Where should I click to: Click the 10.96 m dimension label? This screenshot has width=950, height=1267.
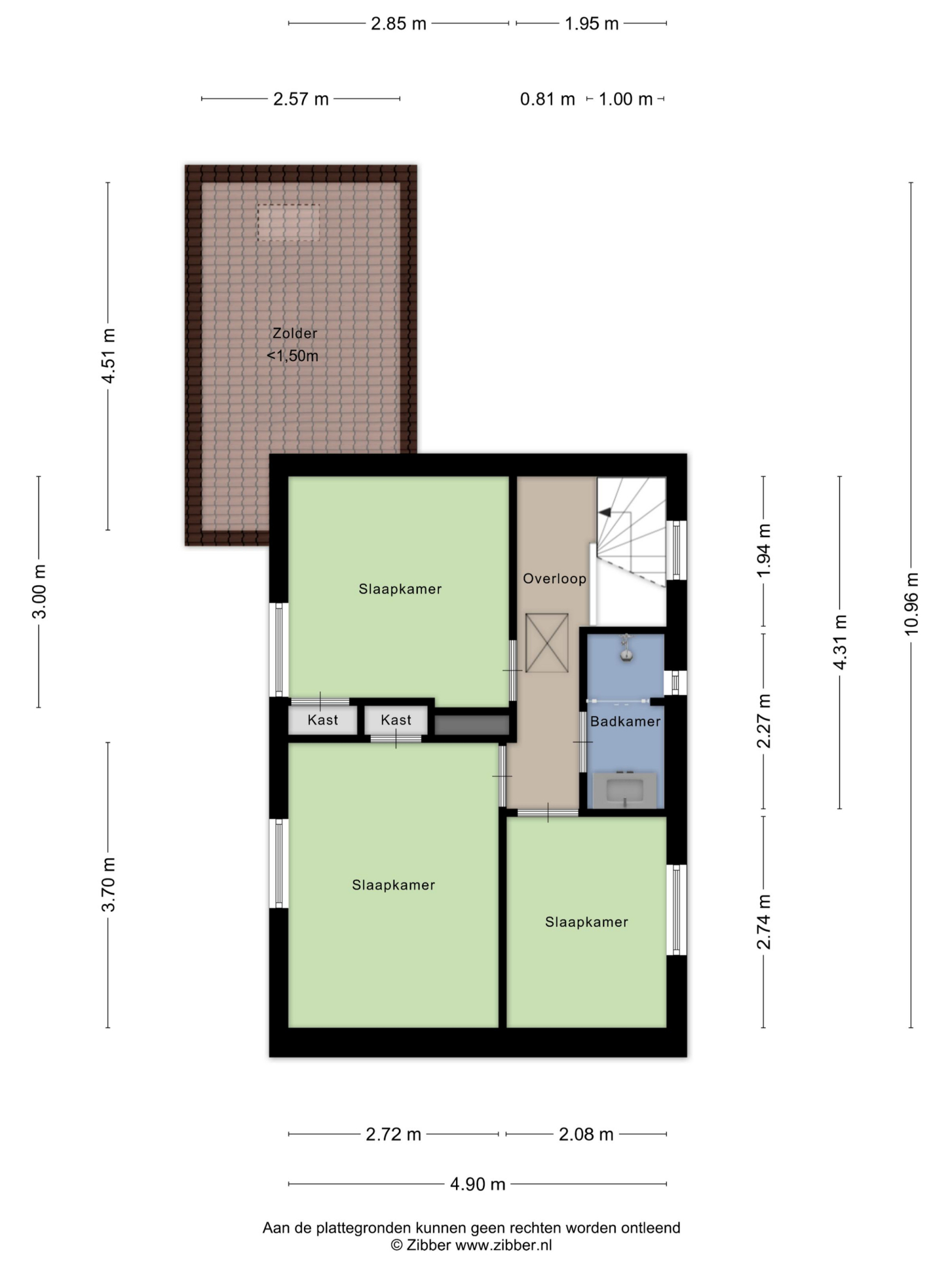click(x=911, y=604)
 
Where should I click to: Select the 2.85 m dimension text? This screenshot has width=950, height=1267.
click(x=398, y=24)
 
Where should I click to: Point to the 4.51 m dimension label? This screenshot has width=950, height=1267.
click(x=108, y=355)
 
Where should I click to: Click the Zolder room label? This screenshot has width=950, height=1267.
click(x=294, y=333)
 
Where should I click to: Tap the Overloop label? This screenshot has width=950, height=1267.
click(x=555, y=579)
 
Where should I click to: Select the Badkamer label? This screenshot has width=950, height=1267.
click(x=625, y=721)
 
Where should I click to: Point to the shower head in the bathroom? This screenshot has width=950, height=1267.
click(x=625, y=648)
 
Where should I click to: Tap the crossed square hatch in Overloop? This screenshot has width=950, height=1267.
click(x=547, y=643)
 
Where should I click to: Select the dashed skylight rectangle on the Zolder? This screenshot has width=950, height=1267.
click(x=289, y=223)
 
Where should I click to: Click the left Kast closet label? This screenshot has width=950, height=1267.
click(x=322, y=720)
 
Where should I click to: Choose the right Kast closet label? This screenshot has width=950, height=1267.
click(x=396, y=720)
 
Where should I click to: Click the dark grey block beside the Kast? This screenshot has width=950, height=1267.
click(x=472, y=725)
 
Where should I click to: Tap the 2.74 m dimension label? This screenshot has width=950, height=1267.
click(x=764, y=922)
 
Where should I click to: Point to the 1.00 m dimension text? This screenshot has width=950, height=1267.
click(x=625, y=99)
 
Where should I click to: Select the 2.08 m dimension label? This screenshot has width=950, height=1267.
click(x=586, y=1134)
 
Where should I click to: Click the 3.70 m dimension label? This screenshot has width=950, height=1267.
click(x=108, y=884)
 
